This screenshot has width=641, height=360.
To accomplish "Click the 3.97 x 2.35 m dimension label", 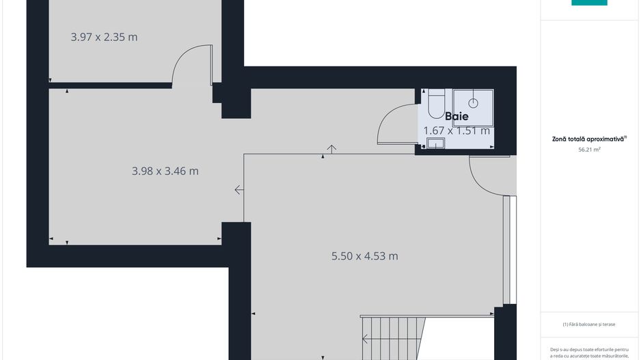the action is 105,37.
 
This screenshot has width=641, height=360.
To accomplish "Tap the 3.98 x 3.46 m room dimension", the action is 165,171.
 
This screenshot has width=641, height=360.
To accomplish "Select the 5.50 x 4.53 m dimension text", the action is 365,256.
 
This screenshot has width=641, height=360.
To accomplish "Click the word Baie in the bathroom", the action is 456,116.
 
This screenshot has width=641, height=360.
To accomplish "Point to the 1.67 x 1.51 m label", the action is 456,130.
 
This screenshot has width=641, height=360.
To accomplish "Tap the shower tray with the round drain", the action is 473,108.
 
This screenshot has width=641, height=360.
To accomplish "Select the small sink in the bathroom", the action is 436,143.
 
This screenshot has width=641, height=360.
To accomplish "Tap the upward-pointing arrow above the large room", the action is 331,149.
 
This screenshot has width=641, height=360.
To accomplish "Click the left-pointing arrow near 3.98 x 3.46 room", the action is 239,190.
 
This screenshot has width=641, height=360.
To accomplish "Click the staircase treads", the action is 393,339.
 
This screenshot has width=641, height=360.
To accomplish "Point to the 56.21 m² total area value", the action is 589,150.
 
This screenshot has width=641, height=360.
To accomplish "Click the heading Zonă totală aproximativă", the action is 589,139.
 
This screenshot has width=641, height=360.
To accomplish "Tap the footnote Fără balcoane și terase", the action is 588,324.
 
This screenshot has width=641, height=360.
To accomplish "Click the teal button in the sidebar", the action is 589,3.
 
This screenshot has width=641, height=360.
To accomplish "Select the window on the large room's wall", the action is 510,250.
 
